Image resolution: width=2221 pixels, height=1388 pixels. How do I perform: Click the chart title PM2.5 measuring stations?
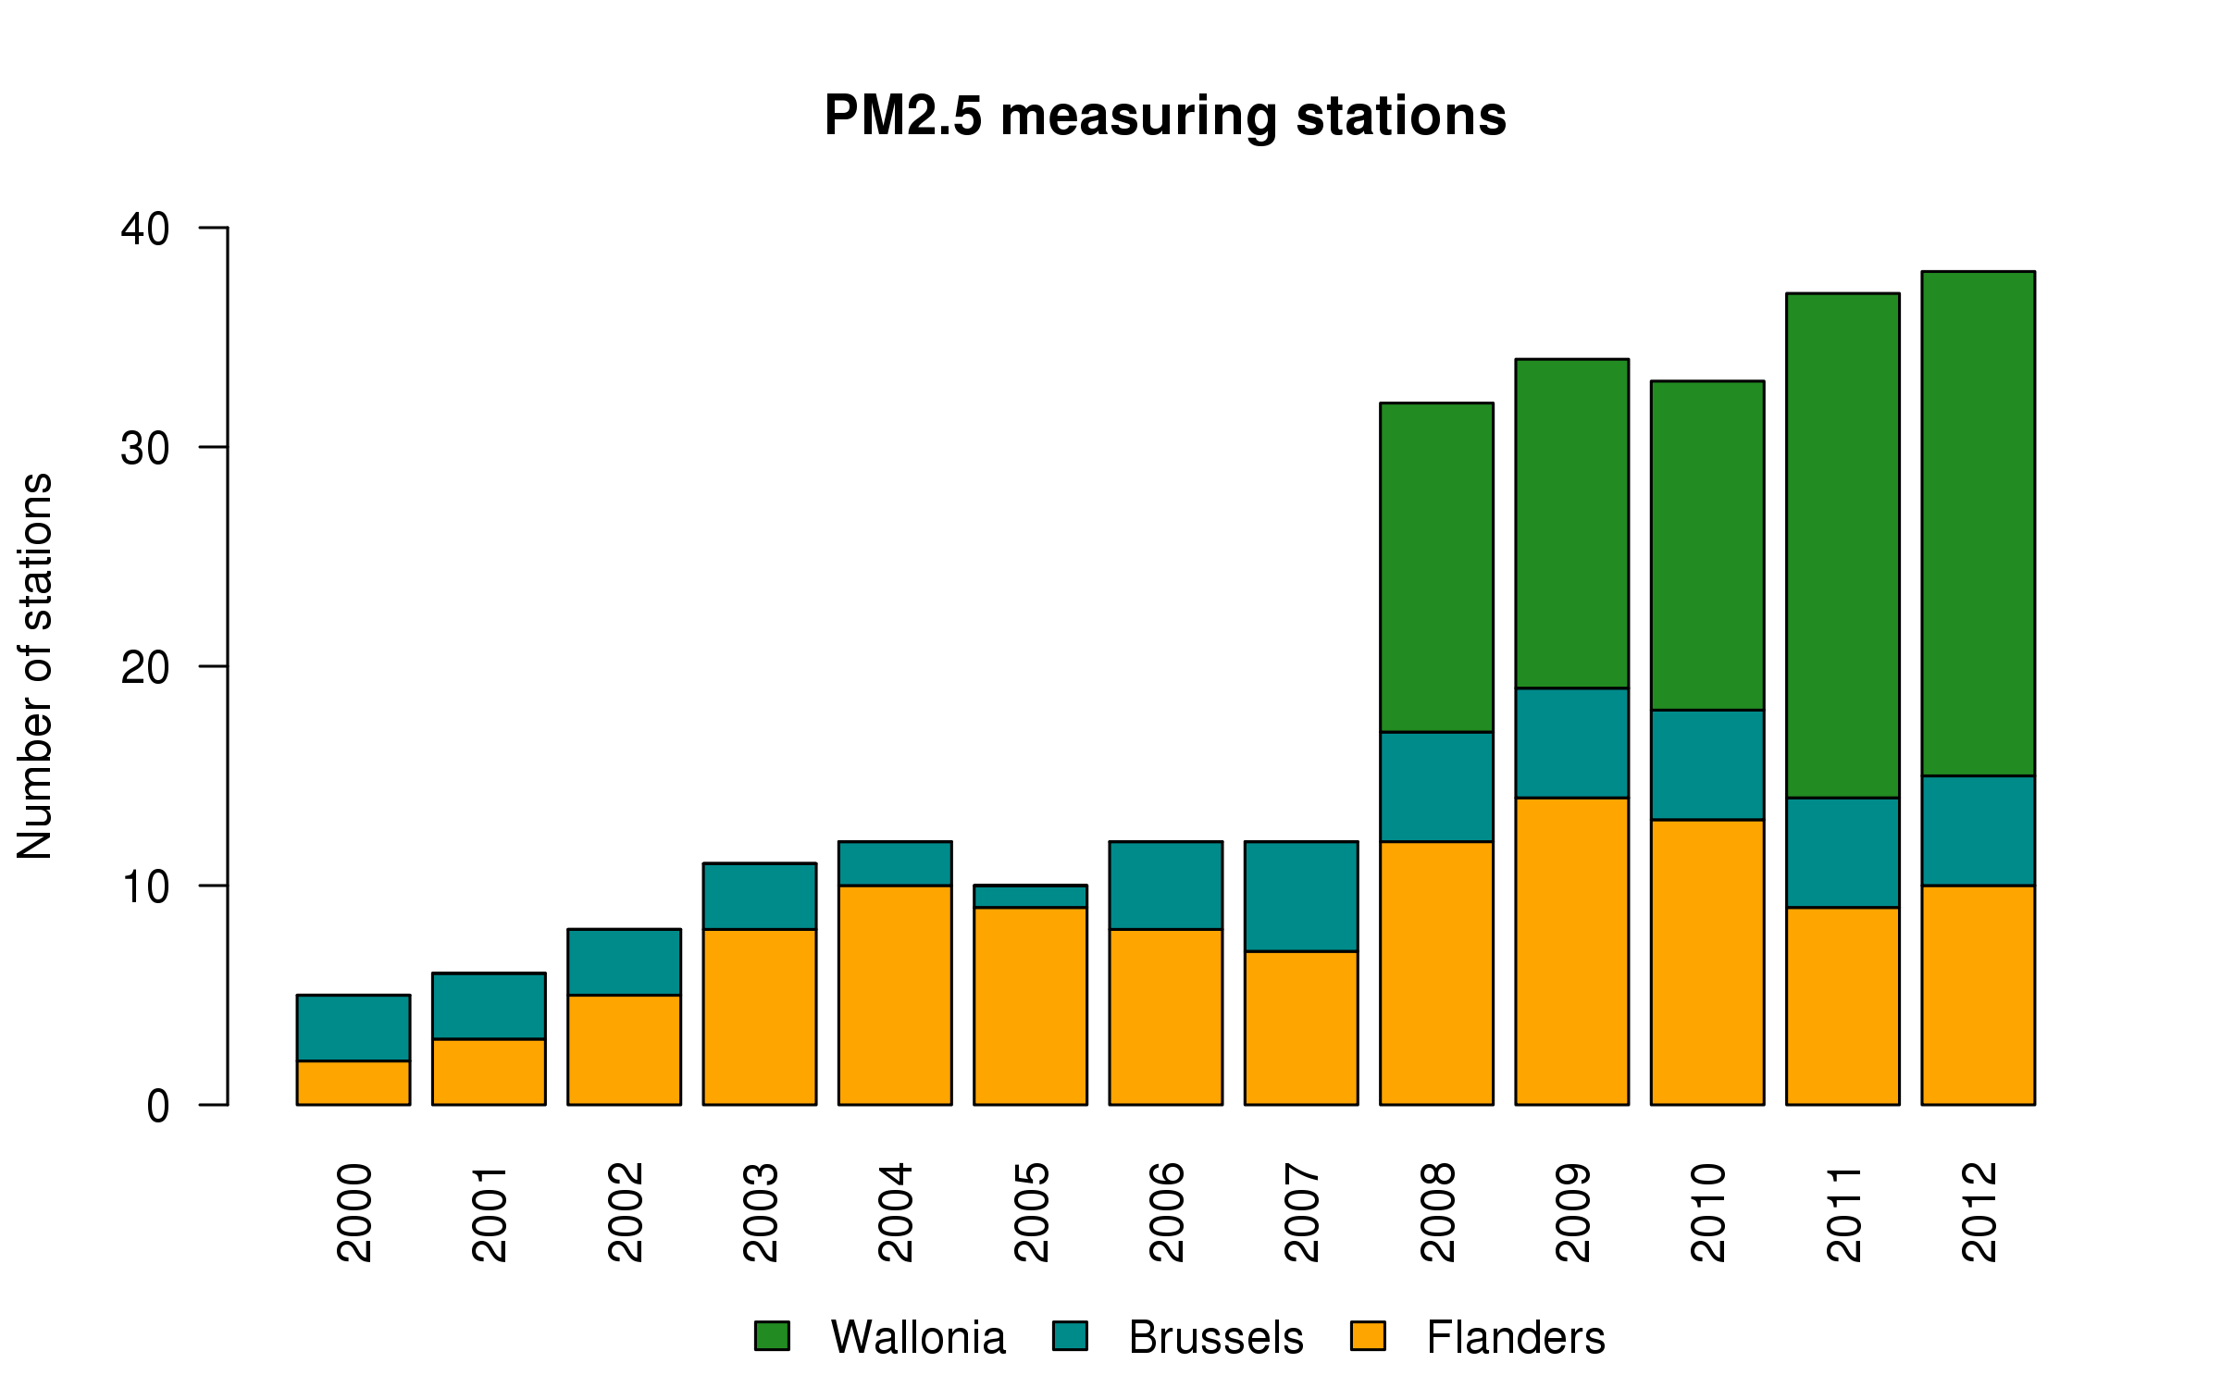1165,117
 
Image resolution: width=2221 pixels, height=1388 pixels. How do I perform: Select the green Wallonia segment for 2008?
1436,567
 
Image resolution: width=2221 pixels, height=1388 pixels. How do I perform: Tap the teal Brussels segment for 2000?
353,1028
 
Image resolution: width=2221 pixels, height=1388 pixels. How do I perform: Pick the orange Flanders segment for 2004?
895,995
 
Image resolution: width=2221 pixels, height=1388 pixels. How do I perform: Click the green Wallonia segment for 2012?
1978,524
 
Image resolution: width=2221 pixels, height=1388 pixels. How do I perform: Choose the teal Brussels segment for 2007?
1301,896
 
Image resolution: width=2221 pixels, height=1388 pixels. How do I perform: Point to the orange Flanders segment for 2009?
1571,951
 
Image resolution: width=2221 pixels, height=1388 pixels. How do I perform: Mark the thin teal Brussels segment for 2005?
1030,896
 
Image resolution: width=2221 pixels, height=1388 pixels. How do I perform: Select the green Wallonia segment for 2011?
1843,545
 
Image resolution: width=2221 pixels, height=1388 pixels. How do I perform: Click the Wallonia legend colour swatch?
772,1336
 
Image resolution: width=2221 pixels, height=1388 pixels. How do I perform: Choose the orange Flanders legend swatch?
1368,1336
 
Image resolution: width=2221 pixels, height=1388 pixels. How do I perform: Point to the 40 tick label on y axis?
145,229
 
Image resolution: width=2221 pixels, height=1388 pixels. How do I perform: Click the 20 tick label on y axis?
145,667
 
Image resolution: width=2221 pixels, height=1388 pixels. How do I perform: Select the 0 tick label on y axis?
158,1106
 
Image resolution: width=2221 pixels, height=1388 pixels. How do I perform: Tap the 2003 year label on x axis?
761,1212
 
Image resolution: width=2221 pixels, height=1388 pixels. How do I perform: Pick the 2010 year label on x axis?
1708,1212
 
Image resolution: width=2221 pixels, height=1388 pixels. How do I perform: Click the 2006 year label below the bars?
1167,1212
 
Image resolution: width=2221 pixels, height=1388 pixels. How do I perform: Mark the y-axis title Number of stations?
35,666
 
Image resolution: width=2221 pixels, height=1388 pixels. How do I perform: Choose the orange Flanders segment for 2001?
489,1072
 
